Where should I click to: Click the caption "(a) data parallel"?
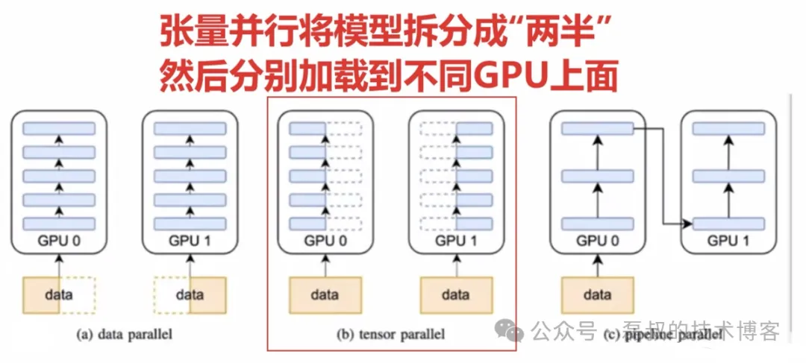(124, 335)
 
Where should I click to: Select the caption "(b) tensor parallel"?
(391, 335)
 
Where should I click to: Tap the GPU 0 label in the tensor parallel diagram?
(325, 241)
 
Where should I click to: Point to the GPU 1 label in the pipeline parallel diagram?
(728, 241)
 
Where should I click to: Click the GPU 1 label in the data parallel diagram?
(190, 241)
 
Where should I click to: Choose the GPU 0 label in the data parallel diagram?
(59, 241)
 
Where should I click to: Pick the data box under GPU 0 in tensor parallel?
(325, 294)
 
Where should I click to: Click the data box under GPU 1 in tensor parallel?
(456, 294)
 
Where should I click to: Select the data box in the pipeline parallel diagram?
(596, 294)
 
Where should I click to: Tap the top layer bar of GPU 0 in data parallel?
(59, 128)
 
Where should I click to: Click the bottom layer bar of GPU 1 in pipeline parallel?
(728, 224)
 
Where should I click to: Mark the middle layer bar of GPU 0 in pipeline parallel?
(596, 177)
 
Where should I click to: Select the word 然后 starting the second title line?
(193, 75)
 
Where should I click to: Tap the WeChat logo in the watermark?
(512, 329)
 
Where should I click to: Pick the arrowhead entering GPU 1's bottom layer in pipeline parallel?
(687, 223)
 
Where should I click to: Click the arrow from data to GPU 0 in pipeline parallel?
(596, 265)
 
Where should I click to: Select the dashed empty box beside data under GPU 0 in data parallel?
(77, 294)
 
